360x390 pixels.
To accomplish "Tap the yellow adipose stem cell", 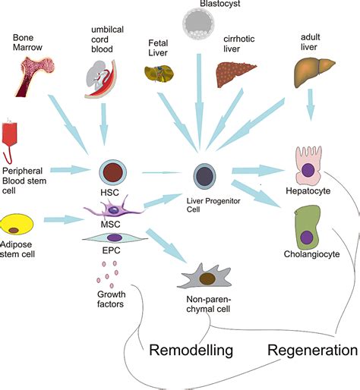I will (20, 224).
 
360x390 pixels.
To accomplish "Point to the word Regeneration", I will (311, 350).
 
